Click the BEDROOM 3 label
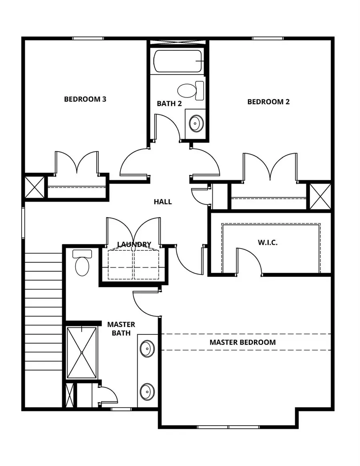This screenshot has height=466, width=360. (85, 99)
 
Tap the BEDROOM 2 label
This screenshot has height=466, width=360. (268, 102)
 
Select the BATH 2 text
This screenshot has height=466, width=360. (169, 104)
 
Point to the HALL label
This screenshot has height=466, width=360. (163, 202)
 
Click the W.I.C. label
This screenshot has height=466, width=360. (268, 243)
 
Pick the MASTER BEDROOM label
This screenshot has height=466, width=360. (242, 342)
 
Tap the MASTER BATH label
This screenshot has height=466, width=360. (121, 328)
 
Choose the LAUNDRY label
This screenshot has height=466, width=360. (134, 244)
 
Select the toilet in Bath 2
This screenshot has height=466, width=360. (190, 90)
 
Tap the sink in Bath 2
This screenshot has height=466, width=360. (195, 124)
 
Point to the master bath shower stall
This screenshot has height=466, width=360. (82, 352)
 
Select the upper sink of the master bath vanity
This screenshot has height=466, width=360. (148, 348)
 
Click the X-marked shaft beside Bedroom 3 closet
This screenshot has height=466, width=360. (35, 187)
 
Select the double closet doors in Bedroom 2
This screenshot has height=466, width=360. (270, 167)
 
